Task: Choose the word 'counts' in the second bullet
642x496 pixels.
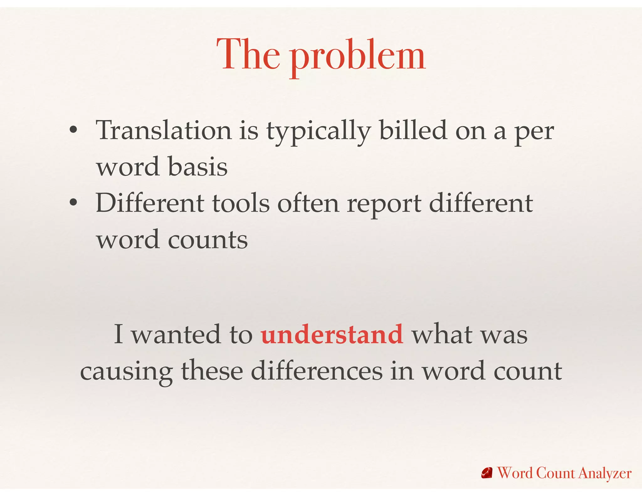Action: tap(208, 240)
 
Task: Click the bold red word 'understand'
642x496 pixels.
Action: tap(332, 334)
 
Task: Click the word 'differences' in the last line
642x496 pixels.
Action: tap(317, 371)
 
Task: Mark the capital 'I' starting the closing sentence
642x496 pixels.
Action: tap(118, 334)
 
